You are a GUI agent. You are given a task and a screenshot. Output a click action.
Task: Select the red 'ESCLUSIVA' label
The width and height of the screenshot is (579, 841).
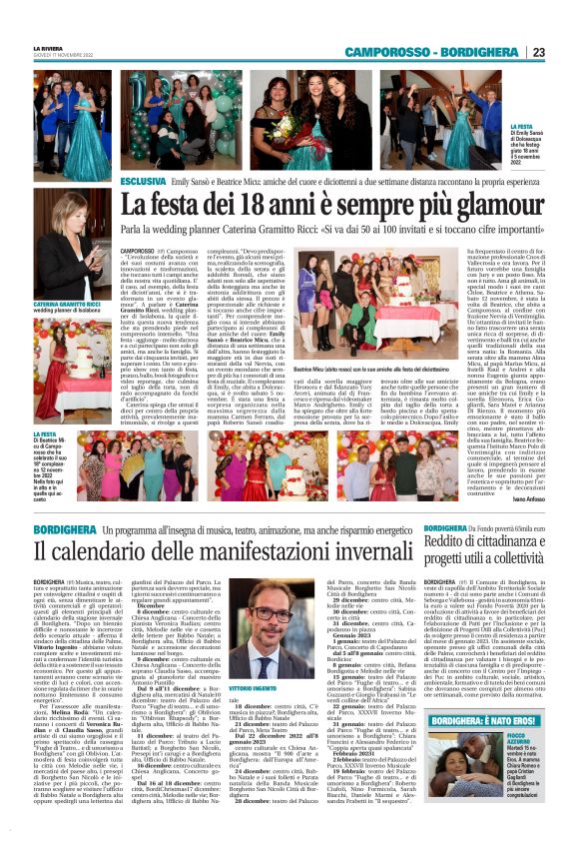pyautogui.click(x=143, y=182)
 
